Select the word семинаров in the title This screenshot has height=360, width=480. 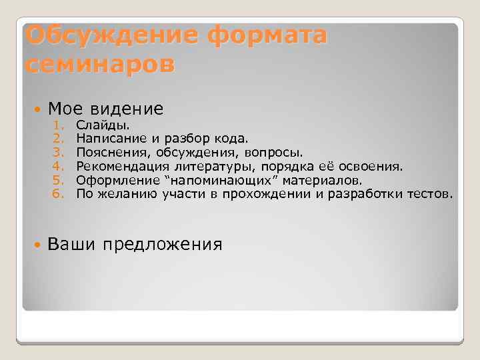coord(99,65)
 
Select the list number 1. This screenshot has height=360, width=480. coord(58,125)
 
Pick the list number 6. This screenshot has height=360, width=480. coord(57,195)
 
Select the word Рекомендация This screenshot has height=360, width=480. coord(121,167)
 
